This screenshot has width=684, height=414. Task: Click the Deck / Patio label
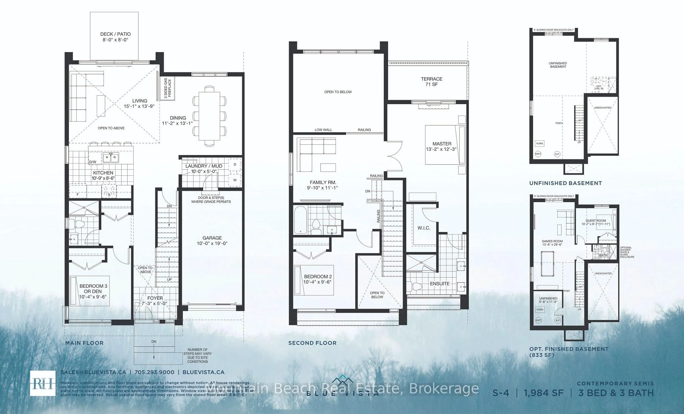click(115, 37)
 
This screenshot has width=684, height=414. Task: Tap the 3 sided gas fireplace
click(168, 89)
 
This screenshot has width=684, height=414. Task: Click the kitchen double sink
click(111, 158)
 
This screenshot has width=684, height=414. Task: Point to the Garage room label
click(212, 240)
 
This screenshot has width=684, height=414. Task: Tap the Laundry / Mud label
click(204, 169)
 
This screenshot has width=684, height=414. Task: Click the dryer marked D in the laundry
click(235, 165)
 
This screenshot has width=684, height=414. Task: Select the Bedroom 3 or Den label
click(93, 291)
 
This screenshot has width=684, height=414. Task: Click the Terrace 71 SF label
click(431, 81)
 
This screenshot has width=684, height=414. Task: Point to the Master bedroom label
click(442, 146)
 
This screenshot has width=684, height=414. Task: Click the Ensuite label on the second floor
click(440, 283)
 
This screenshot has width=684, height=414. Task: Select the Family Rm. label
click(323, 185)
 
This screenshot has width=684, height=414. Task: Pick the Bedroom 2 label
click(318, 279)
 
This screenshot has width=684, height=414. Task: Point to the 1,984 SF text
click(543, 393)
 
